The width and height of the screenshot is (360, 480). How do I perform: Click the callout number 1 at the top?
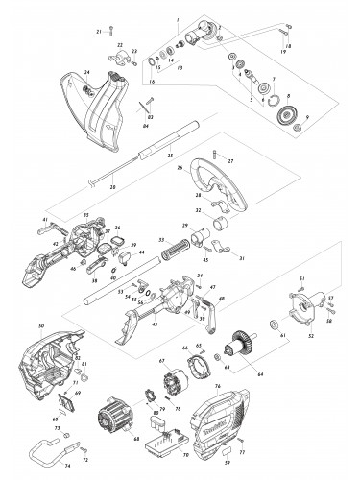pyautogui.click(x=177, y=20)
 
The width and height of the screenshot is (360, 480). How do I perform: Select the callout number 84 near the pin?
pyautogui.click(x=145, y=125)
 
